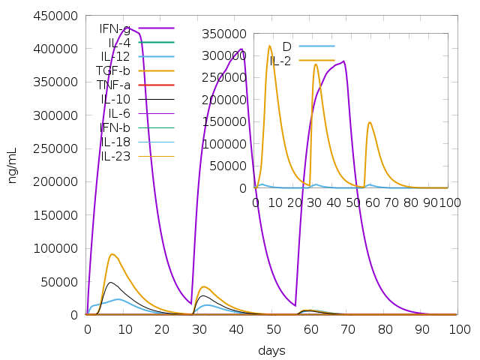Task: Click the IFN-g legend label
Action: click(x=115, y=28)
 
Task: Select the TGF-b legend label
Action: click(x=112, y=71)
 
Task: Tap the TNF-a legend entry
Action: click(x=112, y=85)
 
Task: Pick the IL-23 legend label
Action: click(x=115, y=156)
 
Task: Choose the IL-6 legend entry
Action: click(x=119, y=113)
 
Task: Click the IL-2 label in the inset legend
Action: click(x=280, y=60)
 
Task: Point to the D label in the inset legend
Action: click(x=286, y=46)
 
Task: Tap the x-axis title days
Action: click(x=271, y=350)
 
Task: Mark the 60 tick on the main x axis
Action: click(x=310, y=329)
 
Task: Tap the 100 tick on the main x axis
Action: click(x=459, y=329)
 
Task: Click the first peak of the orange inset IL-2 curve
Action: click(x=269, y=46)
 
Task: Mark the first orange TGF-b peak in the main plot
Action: click(x=112, y=254)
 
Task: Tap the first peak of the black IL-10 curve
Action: click(x=110, y=282)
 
